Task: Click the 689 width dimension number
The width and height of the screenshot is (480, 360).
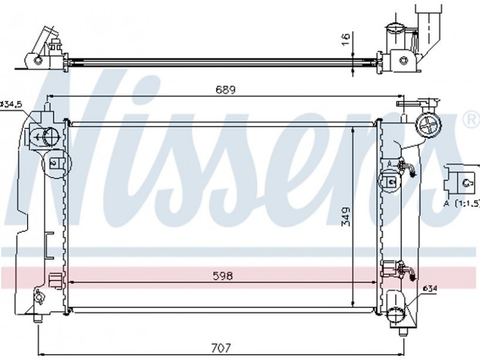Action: click(226, 90)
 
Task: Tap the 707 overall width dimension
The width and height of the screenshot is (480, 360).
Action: click(221, 348)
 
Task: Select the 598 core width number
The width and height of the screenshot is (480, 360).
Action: click(223, 276)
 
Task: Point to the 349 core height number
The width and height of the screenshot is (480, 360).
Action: click(346, 217)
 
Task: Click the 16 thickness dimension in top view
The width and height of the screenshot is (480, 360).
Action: click(346, 40)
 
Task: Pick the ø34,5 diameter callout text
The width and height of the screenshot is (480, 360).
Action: click(11, 104)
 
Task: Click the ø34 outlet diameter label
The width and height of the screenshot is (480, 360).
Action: click(430, 289)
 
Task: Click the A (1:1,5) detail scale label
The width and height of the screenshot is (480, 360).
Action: click(461, 203)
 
